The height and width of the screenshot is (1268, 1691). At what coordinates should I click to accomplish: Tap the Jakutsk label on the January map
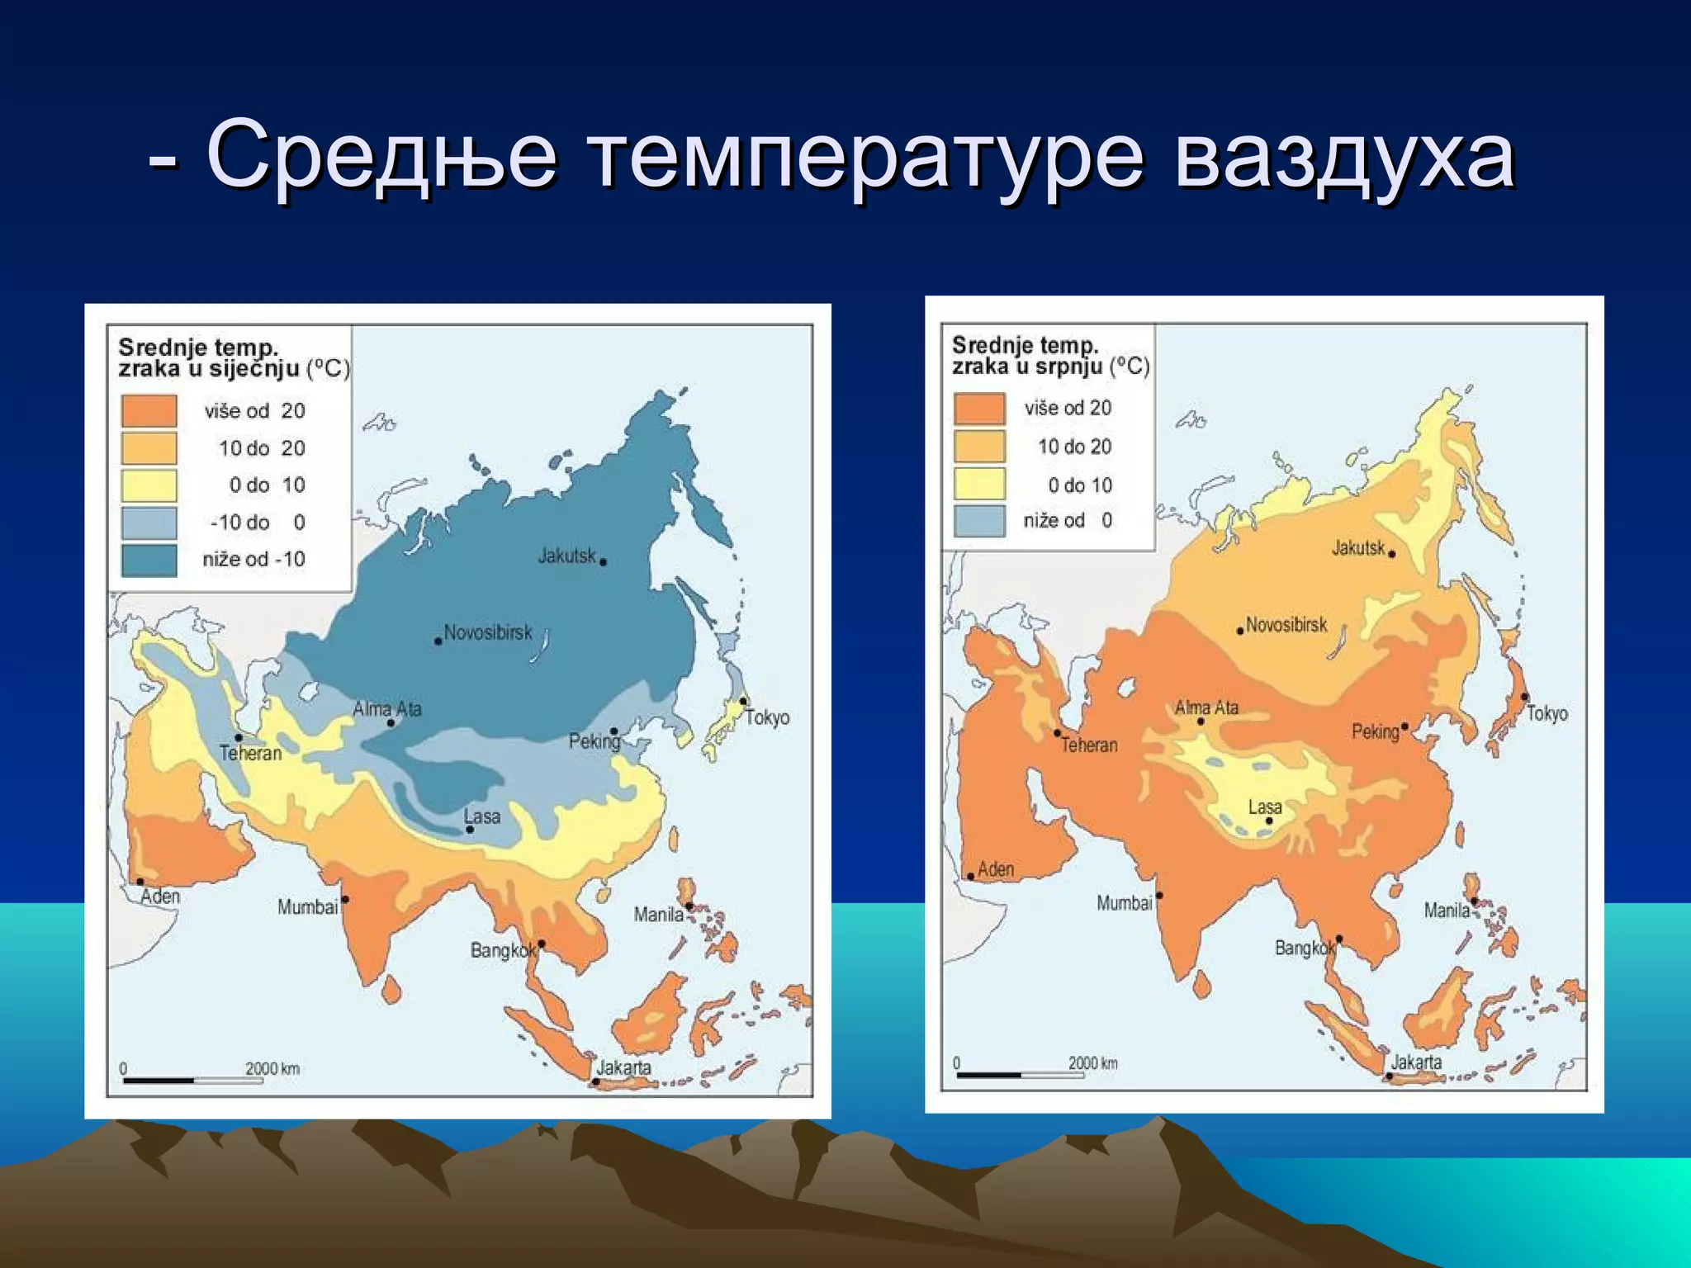566,556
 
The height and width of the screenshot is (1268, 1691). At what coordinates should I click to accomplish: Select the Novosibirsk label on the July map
1286,625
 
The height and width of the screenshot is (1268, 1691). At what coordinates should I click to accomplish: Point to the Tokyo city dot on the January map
743,702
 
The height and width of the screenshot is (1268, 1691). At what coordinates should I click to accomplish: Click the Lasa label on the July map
1265,807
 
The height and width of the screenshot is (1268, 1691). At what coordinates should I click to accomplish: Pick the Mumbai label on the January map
307,906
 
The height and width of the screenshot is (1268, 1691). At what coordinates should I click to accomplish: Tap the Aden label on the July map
995,868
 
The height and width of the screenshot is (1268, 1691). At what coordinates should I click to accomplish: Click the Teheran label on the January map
250,753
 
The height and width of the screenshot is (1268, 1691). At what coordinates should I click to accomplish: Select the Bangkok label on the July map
1304,948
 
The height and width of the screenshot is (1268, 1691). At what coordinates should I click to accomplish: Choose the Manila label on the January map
658,914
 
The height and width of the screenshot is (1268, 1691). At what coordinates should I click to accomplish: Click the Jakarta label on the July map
1416,1062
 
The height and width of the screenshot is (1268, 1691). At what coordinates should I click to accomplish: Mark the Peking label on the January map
594,741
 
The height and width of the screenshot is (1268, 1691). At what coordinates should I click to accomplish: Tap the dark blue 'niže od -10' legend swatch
149,560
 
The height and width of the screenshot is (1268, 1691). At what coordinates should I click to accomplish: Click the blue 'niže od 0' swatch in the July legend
979,521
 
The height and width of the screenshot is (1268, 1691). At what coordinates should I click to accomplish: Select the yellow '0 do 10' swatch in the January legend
149,485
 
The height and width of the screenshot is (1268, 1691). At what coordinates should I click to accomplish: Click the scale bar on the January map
192,1080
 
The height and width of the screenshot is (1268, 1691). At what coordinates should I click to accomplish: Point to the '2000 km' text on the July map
1092,1063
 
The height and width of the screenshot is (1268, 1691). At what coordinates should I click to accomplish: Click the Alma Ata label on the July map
1206,707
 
